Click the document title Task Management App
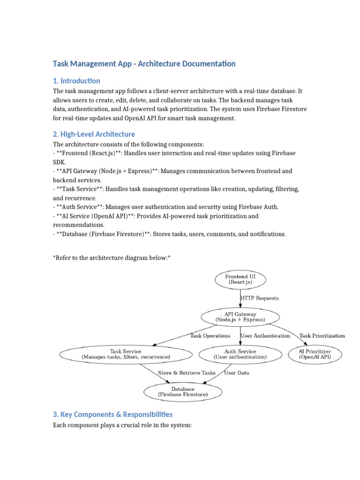pos(144,64)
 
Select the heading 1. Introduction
pos(76,81)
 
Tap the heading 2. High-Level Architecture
pos(94,134)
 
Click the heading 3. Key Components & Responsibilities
pos(112,414)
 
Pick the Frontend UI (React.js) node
pos(240,280)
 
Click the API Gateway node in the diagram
pos(240,317)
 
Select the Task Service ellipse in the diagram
pos(126,354)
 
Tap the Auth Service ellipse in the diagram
pos(240,354)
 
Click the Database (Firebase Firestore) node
pos(182,391)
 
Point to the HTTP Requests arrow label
pos(259,298)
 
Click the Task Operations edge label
pos(210,336)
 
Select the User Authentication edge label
pos(265,336)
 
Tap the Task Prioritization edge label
pos(322,336)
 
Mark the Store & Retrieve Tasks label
pos(187,373)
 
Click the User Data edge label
pos(237,373)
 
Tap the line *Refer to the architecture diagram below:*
pos(112,258)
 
